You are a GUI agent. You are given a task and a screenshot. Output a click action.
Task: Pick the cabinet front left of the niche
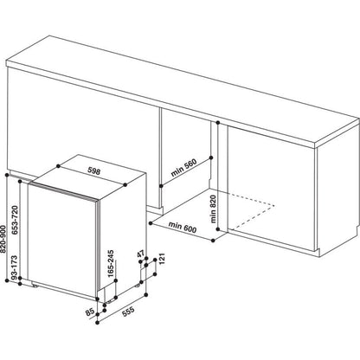click(x=78, y=121)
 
